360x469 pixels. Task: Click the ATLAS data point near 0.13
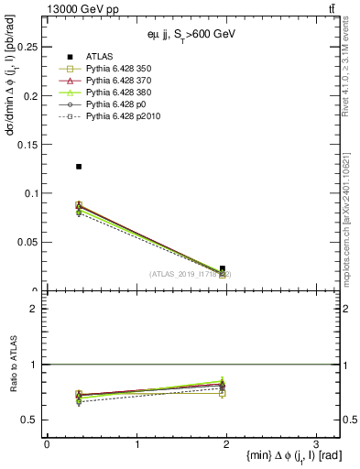[x=79, y=167]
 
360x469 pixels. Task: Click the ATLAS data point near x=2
[x=223, y=268]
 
